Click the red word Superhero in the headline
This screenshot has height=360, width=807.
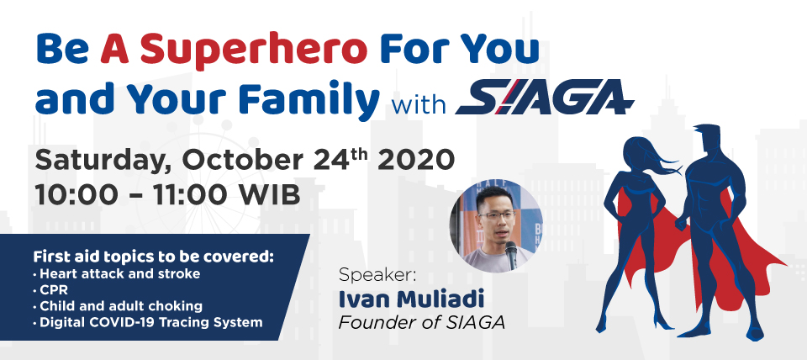click(253, 50)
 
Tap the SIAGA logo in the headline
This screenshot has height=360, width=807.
click(545, 97)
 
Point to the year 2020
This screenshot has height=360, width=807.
click(416, 160)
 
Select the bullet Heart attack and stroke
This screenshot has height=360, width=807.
click(116, 273)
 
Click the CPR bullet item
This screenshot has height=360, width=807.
click(50, 290)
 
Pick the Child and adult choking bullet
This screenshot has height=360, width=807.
click(118, 306)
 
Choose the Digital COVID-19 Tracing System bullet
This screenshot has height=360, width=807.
click(148, 323)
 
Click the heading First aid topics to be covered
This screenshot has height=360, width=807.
click(154, 257)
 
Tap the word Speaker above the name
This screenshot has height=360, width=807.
click(377, 275)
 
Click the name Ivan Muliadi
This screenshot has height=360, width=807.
click(411, 299)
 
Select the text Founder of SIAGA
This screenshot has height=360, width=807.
click(421, 323)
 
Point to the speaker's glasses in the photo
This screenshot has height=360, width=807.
click(496, 215)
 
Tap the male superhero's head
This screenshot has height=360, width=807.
click(708, 140)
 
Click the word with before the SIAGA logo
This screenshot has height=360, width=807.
click(419, 104)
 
